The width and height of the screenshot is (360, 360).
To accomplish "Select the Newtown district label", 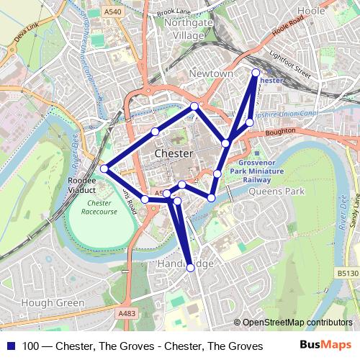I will tap(211, 74).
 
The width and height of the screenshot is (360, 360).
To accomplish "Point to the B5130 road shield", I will tap(347, 274).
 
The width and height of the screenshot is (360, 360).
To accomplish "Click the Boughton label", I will tap(280, 131).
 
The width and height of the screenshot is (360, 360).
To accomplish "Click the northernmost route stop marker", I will tap(256, 72).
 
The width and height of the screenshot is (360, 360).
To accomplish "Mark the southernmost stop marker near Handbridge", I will tap(191, 268).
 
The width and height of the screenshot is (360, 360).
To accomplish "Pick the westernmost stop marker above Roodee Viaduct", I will tap(104, 168).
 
